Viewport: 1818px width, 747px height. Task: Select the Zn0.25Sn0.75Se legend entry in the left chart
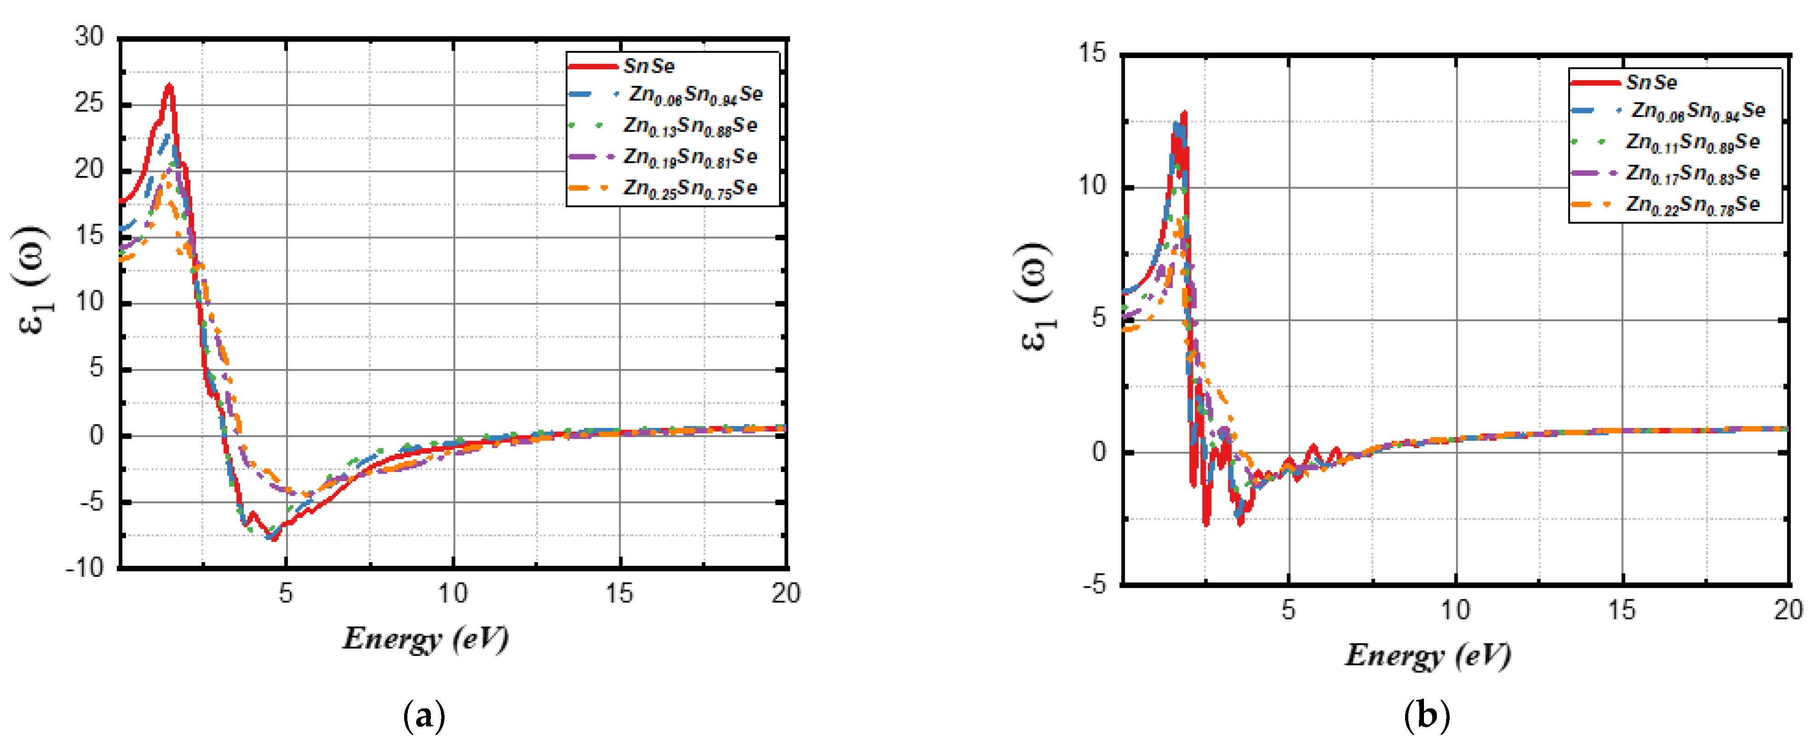click(690, 189)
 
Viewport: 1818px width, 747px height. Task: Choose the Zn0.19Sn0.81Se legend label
click(690, 157)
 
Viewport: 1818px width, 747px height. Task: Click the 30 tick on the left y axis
click(90, 37)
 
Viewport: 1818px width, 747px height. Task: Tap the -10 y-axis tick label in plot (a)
click(85, 568)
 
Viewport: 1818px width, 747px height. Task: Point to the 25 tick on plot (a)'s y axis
click(90, 103)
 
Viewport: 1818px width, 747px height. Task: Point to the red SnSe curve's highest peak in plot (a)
click(169, 86)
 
